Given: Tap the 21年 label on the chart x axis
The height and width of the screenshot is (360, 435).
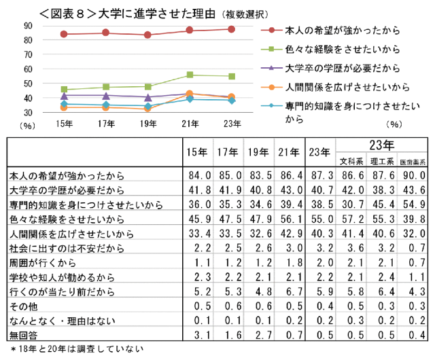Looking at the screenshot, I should coord(190,123).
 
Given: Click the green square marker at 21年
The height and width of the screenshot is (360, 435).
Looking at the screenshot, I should coord(190,75).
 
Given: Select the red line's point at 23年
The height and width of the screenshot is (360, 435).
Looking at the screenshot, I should coord(232,29).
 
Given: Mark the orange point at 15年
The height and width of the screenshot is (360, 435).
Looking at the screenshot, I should coord(64,107).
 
